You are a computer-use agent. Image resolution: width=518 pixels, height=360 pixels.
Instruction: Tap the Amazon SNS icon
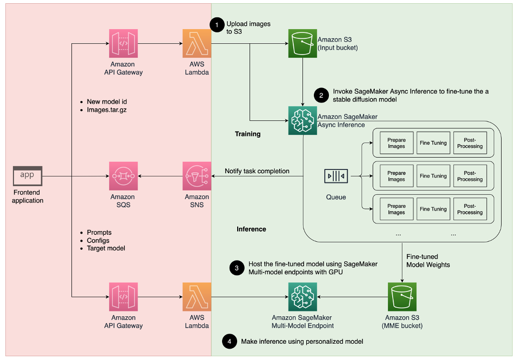click(x=197, y=176)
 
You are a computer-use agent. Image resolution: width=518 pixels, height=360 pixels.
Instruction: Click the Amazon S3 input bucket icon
click(x=302, y=43)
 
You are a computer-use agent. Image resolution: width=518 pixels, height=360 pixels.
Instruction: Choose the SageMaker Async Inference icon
click(x=302, y=119)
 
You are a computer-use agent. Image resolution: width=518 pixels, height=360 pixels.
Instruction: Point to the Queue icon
click(x=335, y=176)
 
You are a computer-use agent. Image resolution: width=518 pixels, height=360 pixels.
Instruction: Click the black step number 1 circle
click(x=217, y=24)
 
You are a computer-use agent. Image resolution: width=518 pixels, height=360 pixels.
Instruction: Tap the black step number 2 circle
click(x=321, y=96)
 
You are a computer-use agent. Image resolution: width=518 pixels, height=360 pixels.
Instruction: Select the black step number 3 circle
click(x=236, y=268)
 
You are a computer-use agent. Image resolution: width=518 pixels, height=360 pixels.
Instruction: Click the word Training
click(x=247, y=134)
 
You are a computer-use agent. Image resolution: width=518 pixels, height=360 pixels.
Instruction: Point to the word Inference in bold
click(x=251, y=229)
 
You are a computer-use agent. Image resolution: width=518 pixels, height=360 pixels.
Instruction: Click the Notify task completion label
click(x=257, y=171)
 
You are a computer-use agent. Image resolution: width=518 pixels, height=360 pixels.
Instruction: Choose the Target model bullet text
click(x=106, y=249)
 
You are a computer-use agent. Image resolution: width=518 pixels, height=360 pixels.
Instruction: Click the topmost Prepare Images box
click(x=396, y=143)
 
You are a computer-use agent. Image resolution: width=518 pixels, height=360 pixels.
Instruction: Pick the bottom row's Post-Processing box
click(x=469, y=209)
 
